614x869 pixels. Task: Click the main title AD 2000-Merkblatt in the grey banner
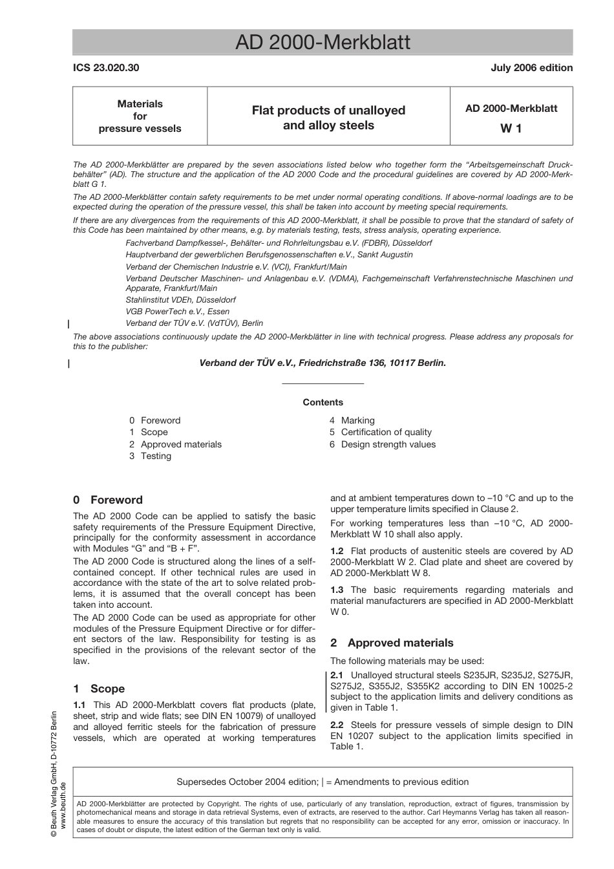tap(323, 43)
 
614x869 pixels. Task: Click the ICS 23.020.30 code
tap(106, 68)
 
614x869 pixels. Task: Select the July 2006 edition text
tap(531, 68)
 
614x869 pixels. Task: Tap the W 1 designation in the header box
tap(511, 128)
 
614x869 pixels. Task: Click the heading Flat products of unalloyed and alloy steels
tap(328, 118)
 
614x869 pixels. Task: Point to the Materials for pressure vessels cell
tap(140, 116)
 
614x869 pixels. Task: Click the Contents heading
tap(323, 402)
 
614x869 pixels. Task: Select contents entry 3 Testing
tap(150, 456)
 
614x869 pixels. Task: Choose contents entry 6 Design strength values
tap(382, 444)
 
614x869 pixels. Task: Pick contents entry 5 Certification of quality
tap(380, 432)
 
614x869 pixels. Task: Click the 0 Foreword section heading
tap(108, 500)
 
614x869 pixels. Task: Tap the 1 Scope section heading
tap(99, 689)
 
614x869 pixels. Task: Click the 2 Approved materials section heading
tap(392, 643)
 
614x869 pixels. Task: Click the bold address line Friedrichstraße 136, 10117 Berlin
tap(323, 363)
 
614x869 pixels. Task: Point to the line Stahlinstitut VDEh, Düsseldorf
tap(180, 300)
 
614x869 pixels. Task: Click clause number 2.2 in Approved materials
tap(337, 725)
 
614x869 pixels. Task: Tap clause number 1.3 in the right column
tap(337, 590)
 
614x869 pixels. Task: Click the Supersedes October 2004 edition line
tap(323, 782)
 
